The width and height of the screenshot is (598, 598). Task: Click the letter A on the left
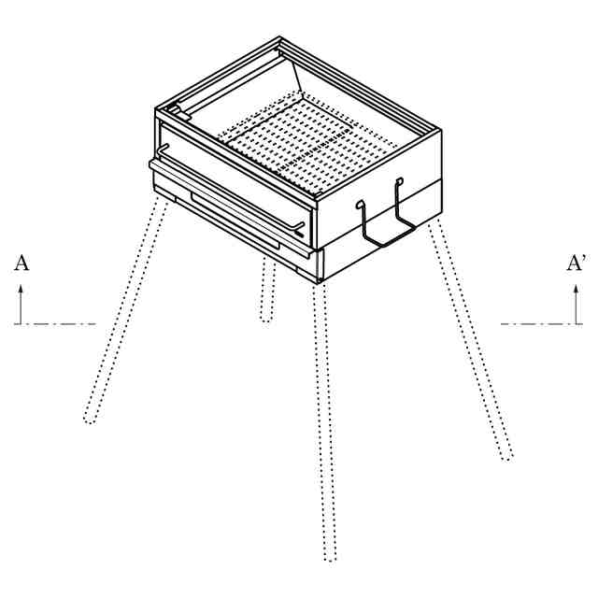click(x=21, y=263)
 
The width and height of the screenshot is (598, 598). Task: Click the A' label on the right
click(x=576, y=263)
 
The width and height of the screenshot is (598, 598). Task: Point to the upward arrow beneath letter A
click(x=21, y=304)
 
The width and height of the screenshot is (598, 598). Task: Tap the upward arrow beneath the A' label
click(x=577, y=304)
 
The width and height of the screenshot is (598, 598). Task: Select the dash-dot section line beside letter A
click(x=55, y=324)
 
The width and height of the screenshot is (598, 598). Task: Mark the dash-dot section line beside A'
click(x=542, y=324)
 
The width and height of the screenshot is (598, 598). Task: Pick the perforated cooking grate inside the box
click(x=306, y=145)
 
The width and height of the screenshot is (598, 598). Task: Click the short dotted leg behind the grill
click(x=268, y=290)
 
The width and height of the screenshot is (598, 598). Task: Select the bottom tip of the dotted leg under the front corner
click(x=330, y=560)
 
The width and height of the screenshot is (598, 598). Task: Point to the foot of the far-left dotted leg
click(x=90, y=420)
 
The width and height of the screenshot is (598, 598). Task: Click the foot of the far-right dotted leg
click(x=507, y=457)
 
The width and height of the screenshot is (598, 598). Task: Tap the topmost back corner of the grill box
click(x=279, y=37)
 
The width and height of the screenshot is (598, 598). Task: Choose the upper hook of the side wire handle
click(x=399, y=180)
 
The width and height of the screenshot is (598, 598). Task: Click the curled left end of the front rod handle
click(x=164, y=149)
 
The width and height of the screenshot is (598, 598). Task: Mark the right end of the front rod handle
click(x=300, y=228)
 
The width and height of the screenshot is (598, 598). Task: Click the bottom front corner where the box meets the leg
click(x=319, y=281)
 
